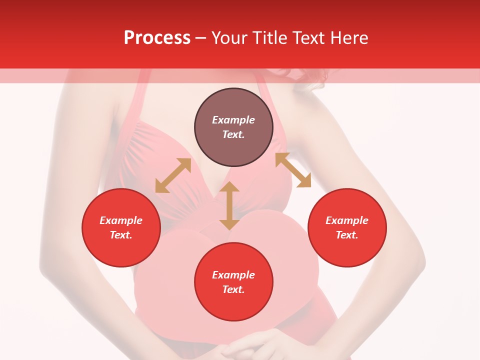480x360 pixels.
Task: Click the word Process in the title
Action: pyautogui.click(x=157, y=38)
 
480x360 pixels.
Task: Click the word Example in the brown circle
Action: pyautogui.click(x=233, y=120)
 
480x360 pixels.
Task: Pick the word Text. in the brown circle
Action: pyautogui.click(x=233, y=134)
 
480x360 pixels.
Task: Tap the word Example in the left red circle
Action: pyautogui.click(x=121, y=220)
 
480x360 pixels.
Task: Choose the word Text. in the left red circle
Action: pyautogui.click(x=121, y=235)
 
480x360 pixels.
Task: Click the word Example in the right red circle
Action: pyautogui.click(x=347, y=220)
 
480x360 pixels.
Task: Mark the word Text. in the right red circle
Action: pyautogui.click(x=347, y=235)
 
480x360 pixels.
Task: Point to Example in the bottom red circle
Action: pyautogui.click(x=233, y=275)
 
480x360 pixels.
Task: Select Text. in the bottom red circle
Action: pyautogui.click(x=233, y=289)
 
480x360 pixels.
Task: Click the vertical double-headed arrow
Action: pyautogui.click(x=229, y=205)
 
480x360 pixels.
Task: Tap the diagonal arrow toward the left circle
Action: pyautogui.click(x=173, y=175)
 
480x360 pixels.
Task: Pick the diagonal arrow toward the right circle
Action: pyautogui.click(x=293, y=170)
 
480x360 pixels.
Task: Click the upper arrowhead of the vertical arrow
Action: pyautogui.click(x=229, y=187)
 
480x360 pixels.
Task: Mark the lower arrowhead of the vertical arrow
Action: pyautogui.click(x=229, y=224)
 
